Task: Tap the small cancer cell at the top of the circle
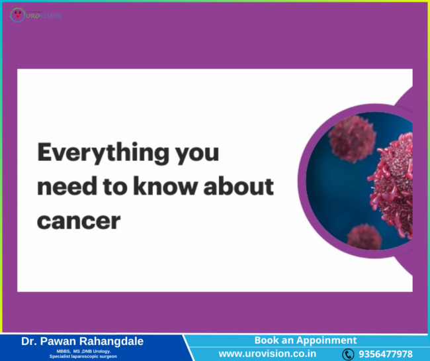[353, 138]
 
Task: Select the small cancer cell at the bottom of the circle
[365, 236]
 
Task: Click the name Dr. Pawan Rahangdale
[82, 341]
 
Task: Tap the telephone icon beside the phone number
[348, 354]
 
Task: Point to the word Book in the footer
[267, 340]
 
